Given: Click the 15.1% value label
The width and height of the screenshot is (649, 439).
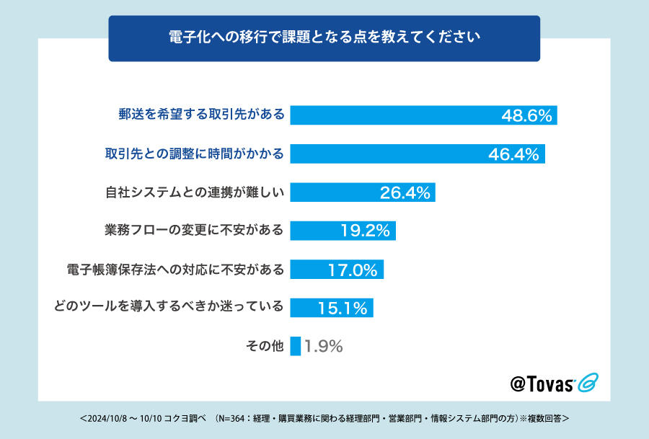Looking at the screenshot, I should (343, 309).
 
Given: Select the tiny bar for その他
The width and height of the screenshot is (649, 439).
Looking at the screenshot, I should (295, 347).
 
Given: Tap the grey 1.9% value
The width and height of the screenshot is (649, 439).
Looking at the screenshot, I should (323, 347).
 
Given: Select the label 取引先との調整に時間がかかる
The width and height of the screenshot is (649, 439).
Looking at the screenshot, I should (194, 154).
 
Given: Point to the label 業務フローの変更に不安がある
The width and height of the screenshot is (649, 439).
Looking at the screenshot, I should (194, 231).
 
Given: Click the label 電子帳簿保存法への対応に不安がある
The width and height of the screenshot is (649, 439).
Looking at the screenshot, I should (175, 270).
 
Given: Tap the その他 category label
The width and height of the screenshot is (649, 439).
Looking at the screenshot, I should (265, 347).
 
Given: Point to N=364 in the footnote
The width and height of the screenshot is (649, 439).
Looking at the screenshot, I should (229, 418).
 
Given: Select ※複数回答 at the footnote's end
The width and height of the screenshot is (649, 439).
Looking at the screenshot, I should (546, 418).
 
